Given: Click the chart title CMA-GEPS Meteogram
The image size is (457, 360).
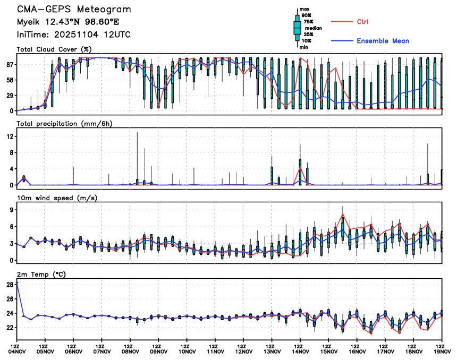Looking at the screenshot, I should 73,10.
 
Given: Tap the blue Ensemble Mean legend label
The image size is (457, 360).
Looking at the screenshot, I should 383,41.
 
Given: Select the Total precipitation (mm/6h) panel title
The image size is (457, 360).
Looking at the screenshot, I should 65,123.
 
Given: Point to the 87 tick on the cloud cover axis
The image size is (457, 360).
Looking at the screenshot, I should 10,64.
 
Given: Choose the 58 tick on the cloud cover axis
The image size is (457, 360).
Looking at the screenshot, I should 10,80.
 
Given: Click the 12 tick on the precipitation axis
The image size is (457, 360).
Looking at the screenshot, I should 10,136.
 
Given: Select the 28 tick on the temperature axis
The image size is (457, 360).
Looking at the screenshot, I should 10,285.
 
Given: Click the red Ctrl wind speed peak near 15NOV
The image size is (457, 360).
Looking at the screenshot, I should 343,214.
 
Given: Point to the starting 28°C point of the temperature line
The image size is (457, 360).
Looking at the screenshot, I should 17,284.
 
